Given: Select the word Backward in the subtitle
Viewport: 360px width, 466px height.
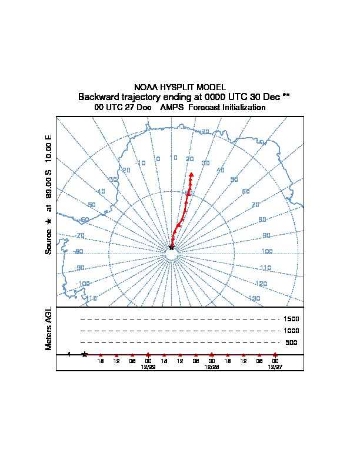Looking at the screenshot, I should coord(98,96).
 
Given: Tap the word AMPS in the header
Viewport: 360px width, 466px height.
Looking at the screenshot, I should coord(173,108).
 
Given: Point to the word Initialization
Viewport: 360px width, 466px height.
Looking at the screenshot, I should coord(242,108).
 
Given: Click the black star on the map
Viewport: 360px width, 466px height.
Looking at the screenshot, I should coord(172,247).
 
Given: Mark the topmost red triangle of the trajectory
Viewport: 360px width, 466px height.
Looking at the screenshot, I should coord(192,174).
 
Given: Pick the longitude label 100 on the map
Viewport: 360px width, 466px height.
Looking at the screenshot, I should coord(266,252).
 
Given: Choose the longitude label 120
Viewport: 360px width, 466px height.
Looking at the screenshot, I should coord(262,284).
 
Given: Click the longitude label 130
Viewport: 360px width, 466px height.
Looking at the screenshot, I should coord(254,299).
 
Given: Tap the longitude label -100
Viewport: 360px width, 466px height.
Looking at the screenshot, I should coord(83,284).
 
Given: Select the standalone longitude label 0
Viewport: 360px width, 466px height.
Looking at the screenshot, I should coord(158,159).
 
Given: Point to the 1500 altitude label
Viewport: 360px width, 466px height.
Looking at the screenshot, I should coord(292,319).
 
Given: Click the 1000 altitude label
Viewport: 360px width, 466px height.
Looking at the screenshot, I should coord(292,331).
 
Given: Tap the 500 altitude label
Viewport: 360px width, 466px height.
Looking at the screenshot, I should coord(292,342).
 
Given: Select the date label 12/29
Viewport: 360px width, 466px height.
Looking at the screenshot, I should coord(148,366).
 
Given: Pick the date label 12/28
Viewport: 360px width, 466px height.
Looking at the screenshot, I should coord(212,366).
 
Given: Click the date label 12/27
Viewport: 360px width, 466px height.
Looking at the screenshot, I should coord(275,366).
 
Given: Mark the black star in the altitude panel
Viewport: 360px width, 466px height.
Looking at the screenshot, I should coord(85,354).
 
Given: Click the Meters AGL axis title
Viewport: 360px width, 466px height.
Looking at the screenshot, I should coord(49,329).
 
